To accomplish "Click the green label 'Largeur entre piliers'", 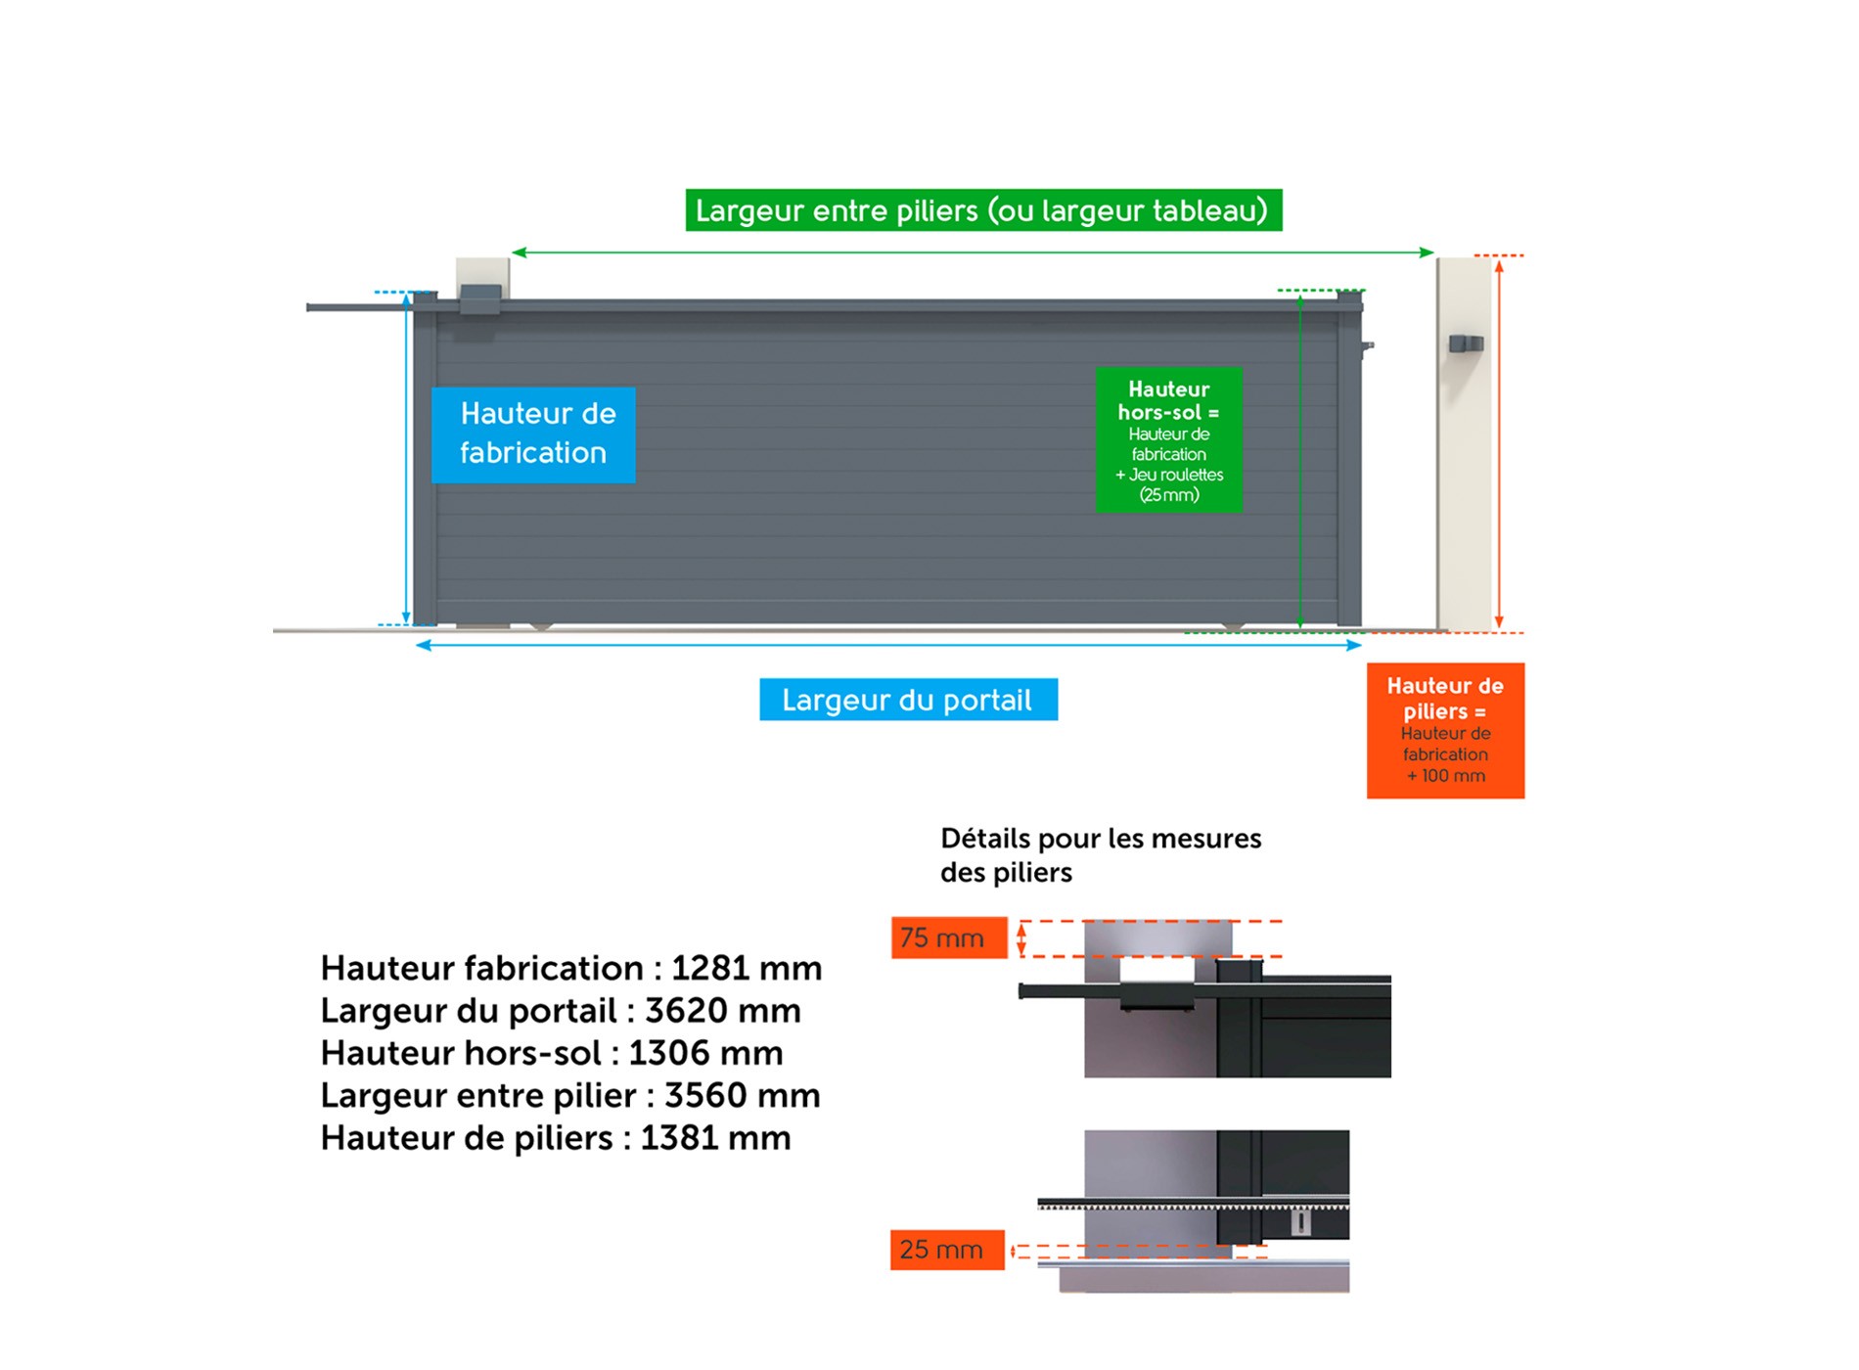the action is pyautogui.click(x=983, y=210).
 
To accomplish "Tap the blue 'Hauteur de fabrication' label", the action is pyautogui.click(x=533, y=434).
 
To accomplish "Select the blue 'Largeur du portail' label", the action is pyautogui.click(x=908, y=700).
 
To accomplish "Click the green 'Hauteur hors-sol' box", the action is pyautogui.click(x=1169, y=439).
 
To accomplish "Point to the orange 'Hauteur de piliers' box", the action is pyautogui.click(x=1445, y=730).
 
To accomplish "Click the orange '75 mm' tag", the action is pyautogui.click(x=949, y=937).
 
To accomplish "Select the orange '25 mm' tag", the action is pyautogui.click(x=947, y=1250).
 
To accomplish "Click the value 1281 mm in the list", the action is pyautogui.click(x=747, y=968).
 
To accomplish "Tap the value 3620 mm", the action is pyautogui.click(x=723, y=1011).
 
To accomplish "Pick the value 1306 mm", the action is pyautogui.click(x=705, y=1053).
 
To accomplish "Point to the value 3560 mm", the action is pyautogui.click(x=743, y=1096).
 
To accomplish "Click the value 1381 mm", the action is pyautogui.click(x=715, y=1138).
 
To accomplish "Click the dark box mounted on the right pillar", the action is pyautogui.click(x=1466, y=343).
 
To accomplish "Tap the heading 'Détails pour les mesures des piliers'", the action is pyautogui.click(x=1101, y=855).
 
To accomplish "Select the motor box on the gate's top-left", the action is pyautogui.click(x=480, y=299).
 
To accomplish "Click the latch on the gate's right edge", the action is pyautogui.click(x=1368, y=345).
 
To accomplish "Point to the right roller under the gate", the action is pyautogui.click(x=1233, y=627).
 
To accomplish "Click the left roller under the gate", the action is pyautogui.click(x=541, y=626).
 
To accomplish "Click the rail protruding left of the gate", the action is pyautogui.click(x=358, y=307).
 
